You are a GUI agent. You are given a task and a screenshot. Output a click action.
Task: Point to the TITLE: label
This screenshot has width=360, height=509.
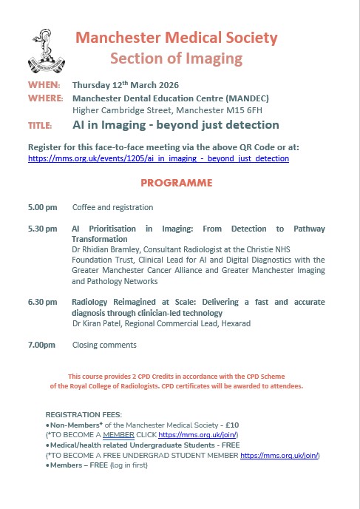40,125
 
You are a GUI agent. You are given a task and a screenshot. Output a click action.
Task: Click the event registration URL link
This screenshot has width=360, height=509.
158,158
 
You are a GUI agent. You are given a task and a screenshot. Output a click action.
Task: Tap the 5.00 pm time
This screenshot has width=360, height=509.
41,207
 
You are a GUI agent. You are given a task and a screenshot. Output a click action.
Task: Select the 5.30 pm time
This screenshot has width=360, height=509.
41,229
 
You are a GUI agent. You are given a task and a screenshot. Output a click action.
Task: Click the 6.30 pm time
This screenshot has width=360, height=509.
41,302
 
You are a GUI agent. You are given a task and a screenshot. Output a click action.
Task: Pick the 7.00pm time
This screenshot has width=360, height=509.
41,345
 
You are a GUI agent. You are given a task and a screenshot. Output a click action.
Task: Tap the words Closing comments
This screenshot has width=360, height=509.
104,345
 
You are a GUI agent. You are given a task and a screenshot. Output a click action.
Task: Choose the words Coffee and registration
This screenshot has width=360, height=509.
112,207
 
